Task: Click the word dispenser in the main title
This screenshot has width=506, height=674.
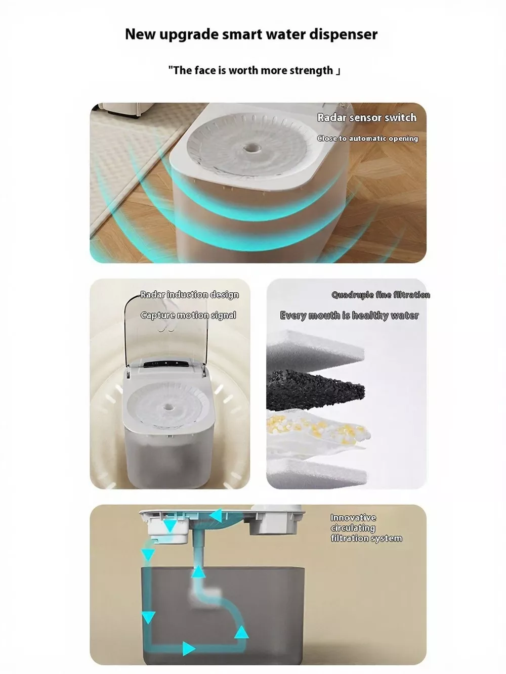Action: pyautogui.click(x=343, y=34)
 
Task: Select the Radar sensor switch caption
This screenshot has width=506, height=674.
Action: pyautogui.click(x=367, y=118)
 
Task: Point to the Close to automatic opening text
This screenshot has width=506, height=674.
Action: pyautogui.click(x=368, y=139)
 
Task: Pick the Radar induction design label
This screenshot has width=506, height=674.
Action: pyautogui.click(x=190, y=295)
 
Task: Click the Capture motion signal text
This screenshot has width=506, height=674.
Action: pyautogui.click(x=188, y=316)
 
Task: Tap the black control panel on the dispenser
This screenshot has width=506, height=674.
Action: pyautogui.click(x=166, y=364)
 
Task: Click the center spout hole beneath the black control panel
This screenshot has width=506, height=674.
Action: pyautogui.click(x=168, y=408)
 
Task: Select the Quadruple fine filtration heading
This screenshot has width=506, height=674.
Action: pyautogui.click(x=381, y=295)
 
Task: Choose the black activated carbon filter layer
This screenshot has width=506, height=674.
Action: pyautogui.click(x=315, y=390)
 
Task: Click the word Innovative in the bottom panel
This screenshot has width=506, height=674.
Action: pyautogui.click(x=353, y=518)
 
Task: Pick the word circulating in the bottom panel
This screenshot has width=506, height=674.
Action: pyautogui.click(x=353, y=528)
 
